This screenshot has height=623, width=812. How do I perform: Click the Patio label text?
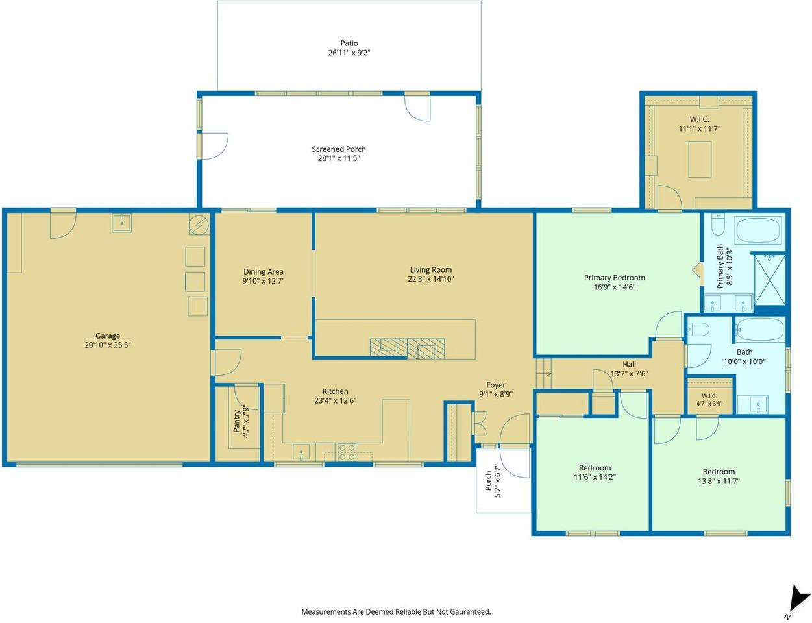click(349, 43)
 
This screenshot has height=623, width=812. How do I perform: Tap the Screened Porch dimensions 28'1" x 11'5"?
click(339, 158)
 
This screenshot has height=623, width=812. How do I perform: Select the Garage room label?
click(108, 336)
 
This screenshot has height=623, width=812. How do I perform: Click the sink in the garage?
click(121, 223)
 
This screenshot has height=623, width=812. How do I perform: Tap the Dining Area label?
click(264, 271)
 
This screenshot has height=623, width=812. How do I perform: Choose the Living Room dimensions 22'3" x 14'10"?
click(431, 279)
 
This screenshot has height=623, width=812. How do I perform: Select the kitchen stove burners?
click(347, 452)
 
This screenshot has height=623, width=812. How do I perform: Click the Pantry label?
click(236, 421)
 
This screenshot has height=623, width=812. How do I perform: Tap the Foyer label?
click(496, 385)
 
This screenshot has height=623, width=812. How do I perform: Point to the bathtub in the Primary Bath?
click(758, 230)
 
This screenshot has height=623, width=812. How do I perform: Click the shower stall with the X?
click(770, 280)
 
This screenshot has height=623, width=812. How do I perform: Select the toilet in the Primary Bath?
click(718, 224)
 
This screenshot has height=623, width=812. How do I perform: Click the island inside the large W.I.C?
click(700, 160)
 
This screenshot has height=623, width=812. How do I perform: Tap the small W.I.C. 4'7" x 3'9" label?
click(709, 400)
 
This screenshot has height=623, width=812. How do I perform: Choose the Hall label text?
click(629, 364)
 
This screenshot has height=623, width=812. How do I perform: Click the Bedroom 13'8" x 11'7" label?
click(719, 476)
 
